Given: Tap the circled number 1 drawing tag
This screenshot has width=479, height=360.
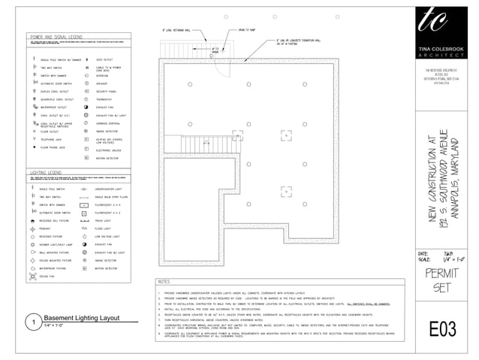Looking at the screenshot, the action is coord(31,322).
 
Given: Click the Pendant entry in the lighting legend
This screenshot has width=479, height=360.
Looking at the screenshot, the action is coord(46,228).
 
